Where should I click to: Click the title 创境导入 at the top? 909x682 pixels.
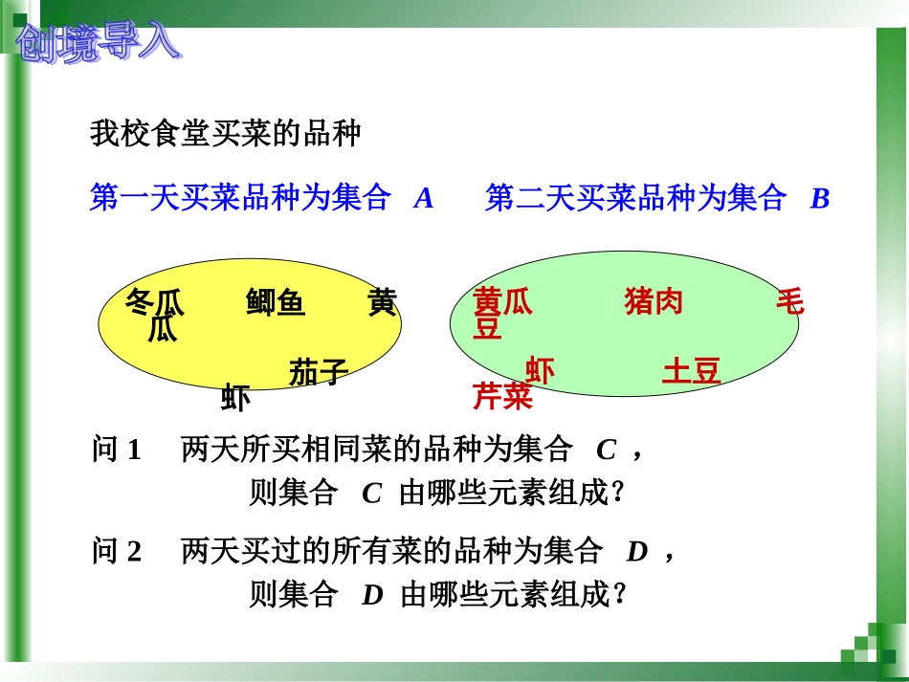(99, 42)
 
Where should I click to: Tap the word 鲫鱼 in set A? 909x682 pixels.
(276, 303)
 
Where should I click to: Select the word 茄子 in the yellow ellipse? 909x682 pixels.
(318, 372)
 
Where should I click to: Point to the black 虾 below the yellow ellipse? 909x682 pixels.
(235, 397)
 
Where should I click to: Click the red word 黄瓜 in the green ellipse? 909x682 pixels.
(502, 303)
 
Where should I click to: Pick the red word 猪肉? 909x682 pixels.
(654, 303)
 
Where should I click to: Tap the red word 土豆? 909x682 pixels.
(691, 371)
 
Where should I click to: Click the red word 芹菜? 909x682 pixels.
(502, 396)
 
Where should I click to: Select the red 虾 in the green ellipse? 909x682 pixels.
(540, 371)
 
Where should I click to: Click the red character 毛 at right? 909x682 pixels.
(789, 303)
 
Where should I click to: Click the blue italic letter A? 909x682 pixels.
(424, 199)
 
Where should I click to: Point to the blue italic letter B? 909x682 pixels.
(819, 199)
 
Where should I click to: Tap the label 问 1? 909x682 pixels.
(117, 450)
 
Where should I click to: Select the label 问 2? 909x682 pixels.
(117, 551)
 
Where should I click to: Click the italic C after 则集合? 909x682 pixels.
(372, 494)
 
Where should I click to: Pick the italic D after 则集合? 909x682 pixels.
(372, 595)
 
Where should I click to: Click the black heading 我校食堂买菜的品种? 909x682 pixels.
(226, 134)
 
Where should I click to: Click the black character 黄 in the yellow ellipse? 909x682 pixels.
(382, 303)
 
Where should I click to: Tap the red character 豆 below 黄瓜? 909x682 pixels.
(488, 329)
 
